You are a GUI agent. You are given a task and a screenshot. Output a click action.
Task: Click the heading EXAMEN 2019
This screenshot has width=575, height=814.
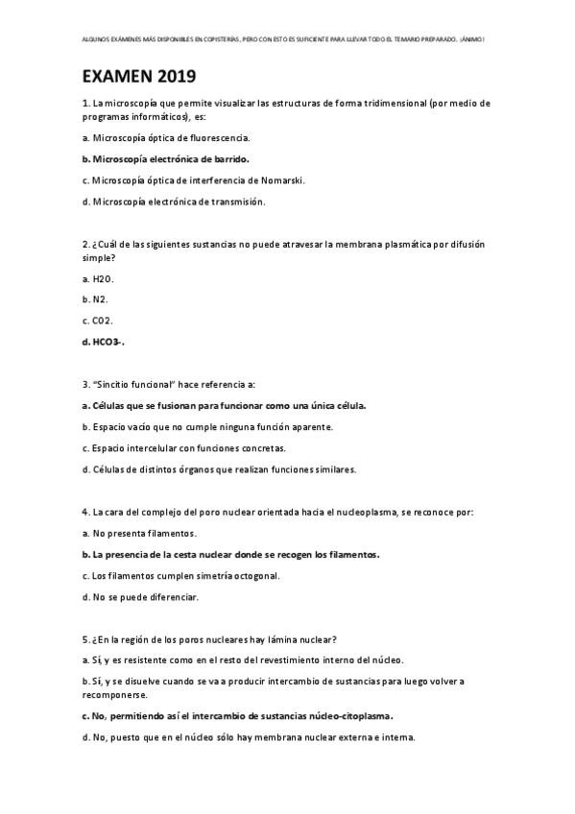[x=138, y=77]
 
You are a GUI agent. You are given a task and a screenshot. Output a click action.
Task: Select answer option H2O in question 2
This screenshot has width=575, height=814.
[x=98, y=278]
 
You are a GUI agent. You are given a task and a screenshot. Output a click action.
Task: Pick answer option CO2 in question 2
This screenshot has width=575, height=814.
[x=98, y=320]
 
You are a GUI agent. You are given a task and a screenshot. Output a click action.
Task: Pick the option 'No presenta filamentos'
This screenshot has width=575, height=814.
[x=139, y=532]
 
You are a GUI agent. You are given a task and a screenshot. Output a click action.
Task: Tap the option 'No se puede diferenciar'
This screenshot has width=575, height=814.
[x=140, y=596]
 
